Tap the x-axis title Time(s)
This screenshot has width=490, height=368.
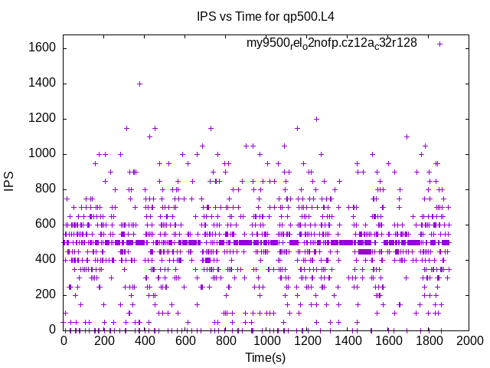(265, 357)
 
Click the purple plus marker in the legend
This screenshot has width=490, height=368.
(439, 44)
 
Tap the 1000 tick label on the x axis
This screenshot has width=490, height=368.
(266, 340)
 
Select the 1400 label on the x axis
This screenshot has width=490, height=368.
(347, 340)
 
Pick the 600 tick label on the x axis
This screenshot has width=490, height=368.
(185, 340)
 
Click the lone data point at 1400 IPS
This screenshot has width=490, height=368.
(139, 84)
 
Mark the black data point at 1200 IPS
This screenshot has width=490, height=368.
(316, 119)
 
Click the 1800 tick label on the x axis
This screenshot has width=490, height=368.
(428, 340)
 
